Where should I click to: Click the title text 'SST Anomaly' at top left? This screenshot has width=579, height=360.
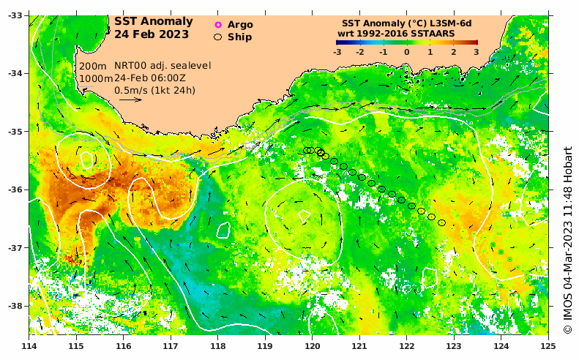(154, 21)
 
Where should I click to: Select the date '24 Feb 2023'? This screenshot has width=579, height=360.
(152, 34)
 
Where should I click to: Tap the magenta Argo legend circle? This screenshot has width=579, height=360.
(217, 25)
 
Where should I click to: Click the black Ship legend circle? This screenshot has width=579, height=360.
(217, 36)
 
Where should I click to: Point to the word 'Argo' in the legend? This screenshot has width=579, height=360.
(240, 25)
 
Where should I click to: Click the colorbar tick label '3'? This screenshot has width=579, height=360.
(475, 53)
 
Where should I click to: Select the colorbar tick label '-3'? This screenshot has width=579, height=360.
(337, 53)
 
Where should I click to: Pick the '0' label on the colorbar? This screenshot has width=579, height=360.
(406, 53)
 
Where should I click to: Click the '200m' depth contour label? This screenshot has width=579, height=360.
(91, 66)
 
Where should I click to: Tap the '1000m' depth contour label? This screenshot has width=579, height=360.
(95, 78)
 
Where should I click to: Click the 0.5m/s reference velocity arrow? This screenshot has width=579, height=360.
(129, 100)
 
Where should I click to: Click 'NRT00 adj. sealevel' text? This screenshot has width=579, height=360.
(163, 66)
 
